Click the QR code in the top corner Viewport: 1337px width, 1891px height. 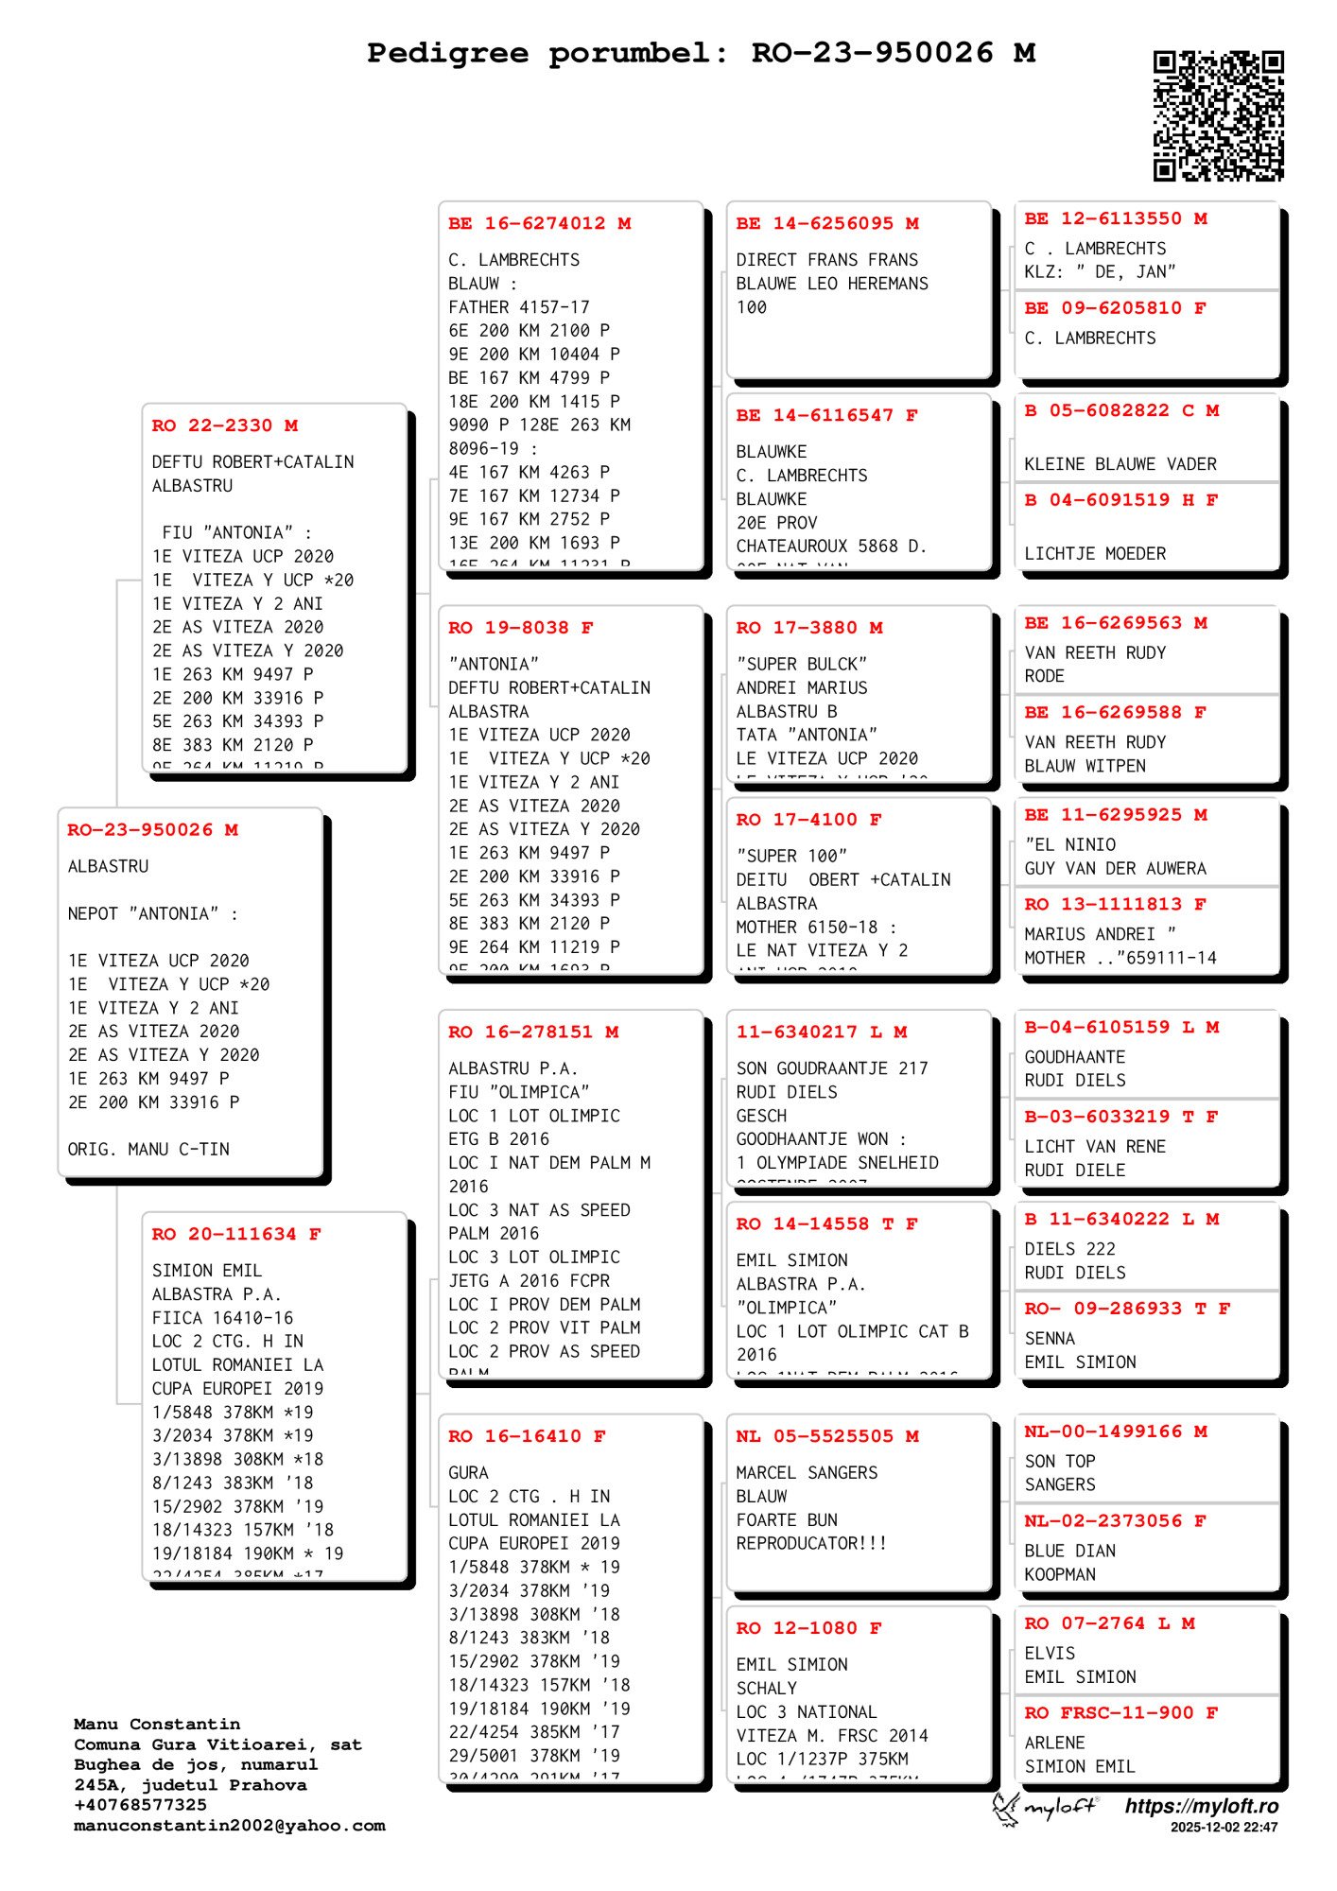pyautogui.click(x=1218, y=115)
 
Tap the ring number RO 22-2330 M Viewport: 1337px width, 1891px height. pyautogui.click(x=225, y=425)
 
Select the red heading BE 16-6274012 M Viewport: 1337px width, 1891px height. pyautogui.click(x=539, y=223)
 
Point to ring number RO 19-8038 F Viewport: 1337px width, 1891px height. pyautogui.click(x=520, y=628)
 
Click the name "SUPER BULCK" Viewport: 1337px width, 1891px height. pyautogui.click(x=801, y=664)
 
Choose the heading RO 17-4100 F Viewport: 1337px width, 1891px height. pyautogui.click(x=808, y=820)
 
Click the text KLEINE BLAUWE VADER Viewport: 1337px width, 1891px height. pyautogui.click(x=1120, y=464)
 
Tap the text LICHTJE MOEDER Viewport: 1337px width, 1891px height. pyautogui.click(x=1095, y=553)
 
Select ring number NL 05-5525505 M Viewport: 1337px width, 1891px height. pyautogui.click(x=827, y=1436)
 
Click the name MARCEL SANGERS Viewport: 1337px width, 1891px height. pyautogui.click(x=807, y=1472)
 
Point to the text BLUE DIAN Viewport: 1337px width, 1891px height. pyautogui.click(x=1069, y=1551)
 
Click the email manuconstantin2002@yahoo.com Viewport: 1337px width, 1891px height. pyautogui.click(x=230, y=1826)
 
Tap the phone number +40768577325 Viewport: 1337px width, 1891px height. pyautogui.click(x=140, y=1805)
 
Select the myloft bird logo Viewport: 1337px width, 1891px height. pyautogui.click(x=1008, y=1808)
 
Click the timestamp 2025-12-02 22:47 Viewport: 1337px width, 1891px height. pyautogui.click(x=1224, y=1828)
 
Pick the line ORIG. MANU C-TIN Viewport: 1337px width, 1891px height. pyautogui.click(x=148, y=1149)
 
